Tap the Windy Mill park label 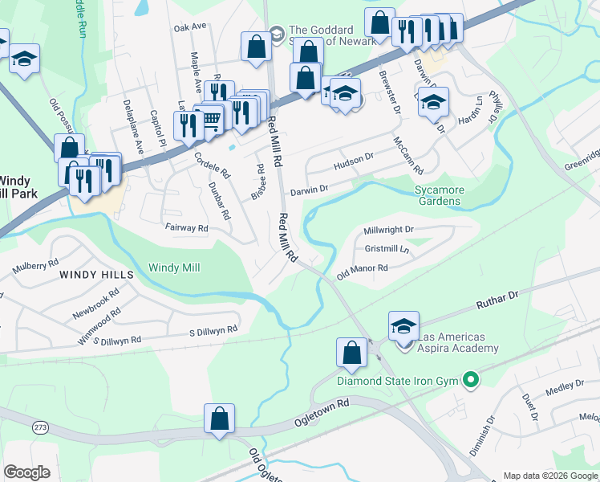(174, 267)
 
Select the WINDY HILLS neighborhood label (95, 275)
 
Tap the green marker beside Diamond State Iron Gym (471, 380)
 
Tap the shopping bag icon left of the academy (351, 352)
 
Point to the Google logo (26, 472)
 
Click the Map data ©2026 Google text (549, 476)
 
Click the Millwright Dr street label (388, 230)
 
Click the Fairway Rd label (185, 228)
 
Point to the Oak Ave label (190, 27)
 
